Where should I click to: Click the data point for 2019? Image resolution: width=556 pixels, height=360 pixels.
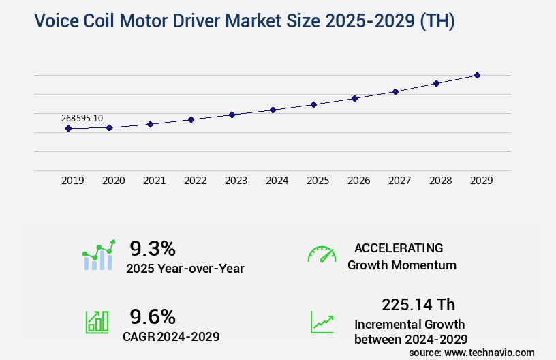(x=69, y=128)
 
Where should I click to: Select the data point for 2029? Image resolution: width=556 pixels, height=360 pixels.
(x=477, y=75)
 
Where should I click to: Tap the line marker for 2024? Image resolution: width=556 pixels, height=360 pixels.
(x=273, y=110)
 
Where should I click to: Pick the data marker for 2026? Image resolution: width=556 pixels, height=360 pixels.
(x=354, y=98)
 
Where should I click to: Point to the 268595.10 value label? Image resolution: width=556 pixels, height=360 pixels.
(x=82, y=118)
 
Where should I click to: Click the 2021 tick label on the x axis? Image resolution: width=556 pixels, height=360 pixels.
(x=154, y=181)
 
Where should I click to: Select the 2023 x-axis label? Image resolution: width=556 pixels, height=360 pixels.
(x=236, y=181)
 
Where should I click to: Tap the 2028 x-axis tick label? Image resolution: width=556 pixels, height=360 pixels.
(x=440, y=181)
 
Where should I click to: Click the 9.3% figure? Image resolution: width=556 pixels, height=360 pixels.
(x=153, y=247)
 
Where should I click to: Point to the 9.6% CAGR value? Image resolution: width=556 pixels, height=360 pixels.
(x=153, y=316)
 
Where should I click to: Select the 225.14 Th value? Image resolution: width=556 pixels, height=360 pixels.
(x=418, y=304)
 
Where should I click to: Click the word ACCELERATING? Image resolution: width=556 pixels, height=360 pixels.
(x=399, y=247)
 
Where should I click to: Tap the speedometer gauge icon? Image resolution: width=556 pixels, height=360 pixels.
(x=322, y=254)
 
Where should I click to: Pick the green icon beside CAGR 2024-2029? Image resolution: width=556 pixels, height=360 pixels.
(x=97, y=321)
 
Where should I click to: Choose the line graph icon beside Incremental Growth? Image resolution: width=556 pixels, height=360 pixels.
(x=322, y=322)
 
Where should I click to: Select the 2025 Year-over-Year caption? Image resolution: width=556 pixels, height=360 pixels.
(x=185, y=269)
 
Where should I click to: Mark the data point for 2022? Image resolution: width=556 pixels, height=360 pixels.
(x=191, y=119)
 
